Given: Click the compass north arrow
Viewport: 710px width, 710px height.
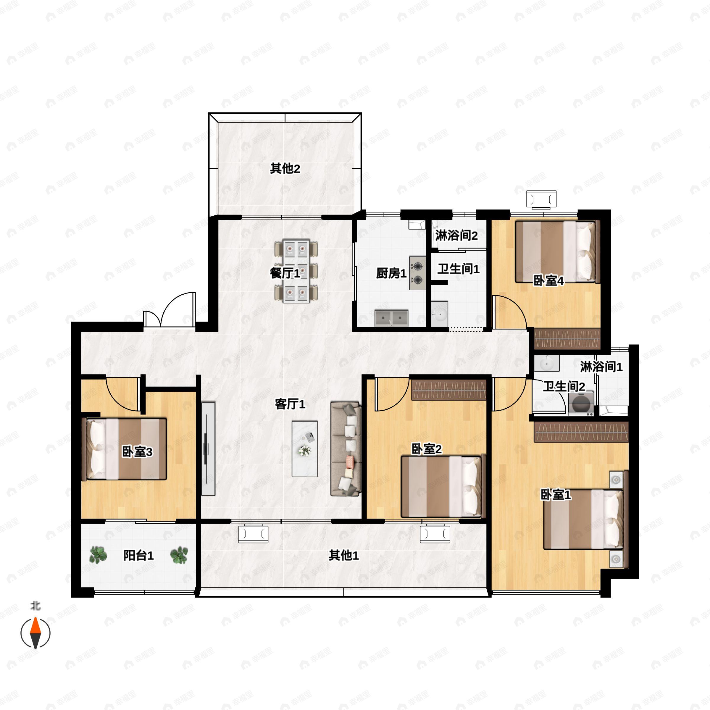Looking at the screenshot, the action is (35, 633).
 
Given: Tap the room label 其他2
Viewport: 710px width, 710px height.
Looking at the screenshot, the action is (285, 169).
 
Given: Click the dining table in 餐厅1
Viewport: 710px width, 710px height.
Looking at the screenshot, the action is (296, 271).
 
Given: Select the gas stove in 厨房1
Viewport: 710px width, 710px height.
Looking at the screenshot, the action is (418, 273).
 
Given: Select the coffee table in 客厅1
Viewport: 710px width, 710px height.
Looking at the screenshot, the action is (305, 449).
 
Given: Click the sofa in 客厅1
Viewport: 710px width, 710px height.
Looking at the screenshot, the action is (346, 449).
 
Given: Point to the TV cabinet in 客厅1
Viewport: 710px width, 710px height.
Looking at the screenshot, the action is (208, 449).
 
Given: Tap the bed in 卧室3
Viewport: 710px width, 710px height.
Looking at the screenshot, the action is (126, 449).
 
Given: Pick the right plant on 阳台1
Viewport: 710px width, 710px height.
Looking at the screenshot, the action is (179, 555).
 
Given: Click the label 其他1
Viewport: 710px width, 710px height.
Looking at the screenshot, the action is (343, 555).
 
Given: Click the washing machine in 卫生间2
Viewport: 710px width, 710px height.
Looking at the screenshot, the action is (581, 404).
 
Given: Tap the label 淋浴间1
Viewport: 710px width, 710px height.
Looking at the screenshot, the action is (601, 367).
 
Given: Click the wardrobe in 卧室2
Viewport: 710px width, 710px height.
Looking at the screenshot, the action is (449, 390).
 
